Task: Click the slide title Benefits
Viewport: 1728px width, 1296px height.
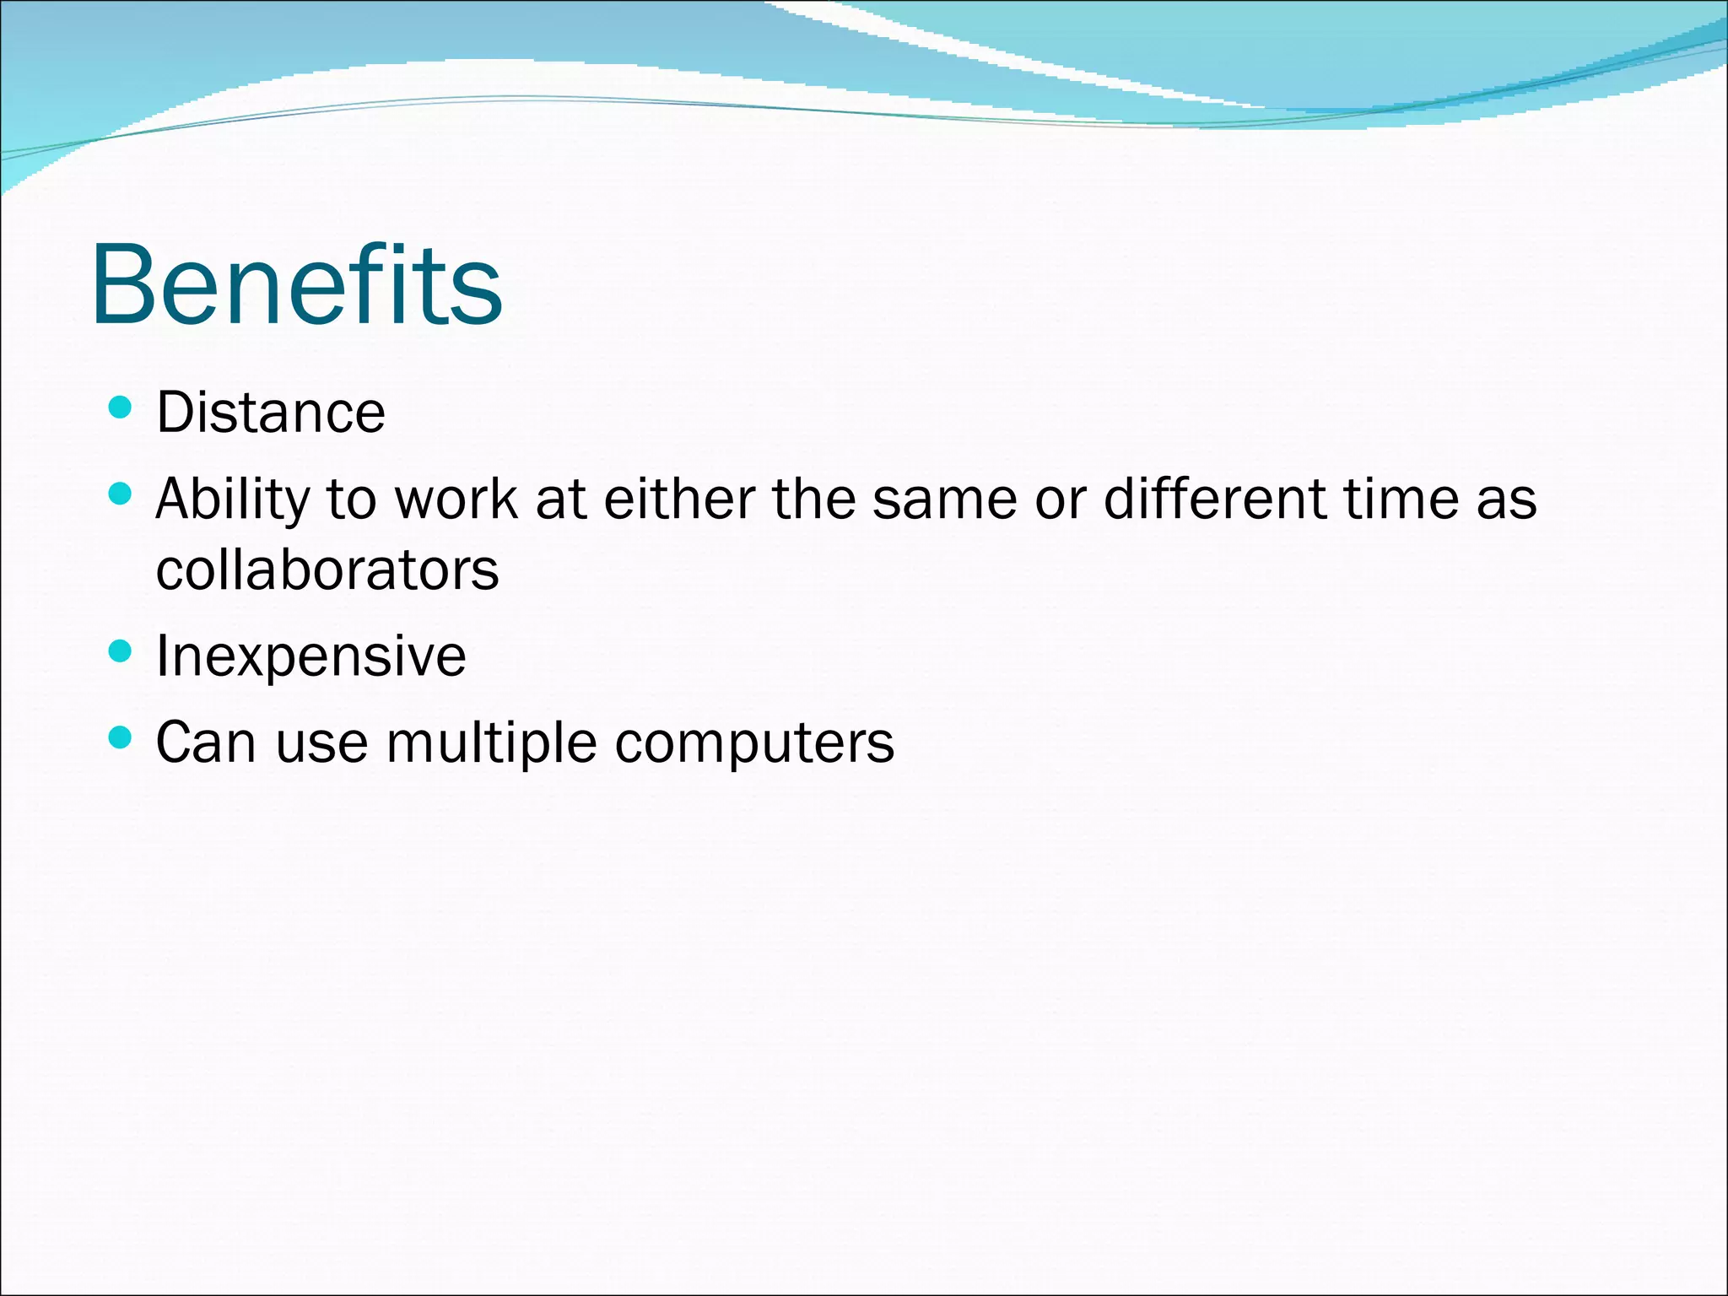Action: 297,284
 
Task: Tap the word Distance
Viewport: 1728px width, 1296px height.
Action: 271,413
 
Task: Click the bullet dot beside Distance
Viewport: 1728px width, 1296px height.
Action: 121,408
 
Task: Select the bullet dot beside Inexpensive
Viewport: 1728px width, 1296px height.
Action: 121,651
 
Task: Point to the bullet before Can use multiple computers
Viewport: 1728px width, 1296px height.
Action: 121,738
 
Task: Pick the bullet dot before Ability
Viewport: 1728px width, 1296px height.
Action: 121,494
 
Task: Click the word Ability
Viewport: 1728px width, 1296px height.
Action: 233,499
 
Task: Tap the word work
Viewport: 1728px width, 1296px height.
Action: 456,499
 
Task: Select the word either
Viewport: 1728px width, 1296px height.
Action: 679,499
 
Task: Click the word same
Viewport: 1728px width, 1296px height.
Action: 945,499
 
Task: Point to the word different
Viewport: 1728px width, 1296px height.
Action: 1216,499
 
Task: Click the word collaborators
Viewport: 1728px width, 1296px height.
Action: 327,570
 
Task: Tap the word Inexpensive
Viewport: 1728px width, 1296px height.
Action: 310,656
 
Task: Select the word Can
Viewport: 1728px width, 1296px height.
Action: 206,742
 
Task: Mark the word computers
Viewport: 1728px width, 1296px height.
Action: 754,744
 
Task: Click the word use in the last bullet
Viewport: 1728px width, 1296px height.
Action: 321,744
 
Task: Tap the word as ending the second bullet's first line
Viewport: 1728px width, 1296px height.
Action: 1507,499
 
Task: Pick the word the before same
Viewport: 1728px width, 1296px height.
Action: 814,499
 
